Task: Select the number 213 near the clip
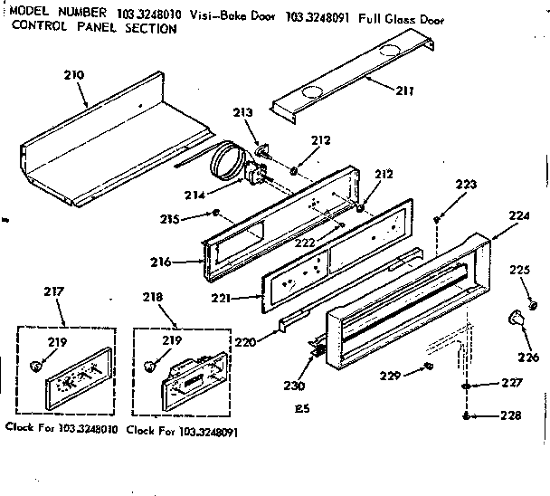point(242,113)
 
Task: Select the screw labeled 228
point(466,415)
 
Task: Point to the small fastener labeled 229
point(427,366)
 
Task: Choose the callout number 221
point(223,297)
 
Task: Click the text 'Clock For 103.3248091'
point(183,432)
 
